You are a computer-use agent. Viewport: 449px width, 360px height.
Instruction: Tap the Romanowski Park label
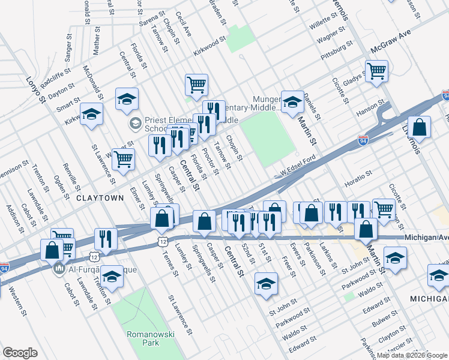coord(142,338)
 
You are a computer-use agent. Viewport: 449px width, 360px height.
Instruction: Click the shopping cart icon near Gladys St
coord(376,71)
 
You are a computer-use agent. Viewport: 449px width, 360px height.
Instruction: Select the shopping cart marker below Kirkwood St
coord(196,85)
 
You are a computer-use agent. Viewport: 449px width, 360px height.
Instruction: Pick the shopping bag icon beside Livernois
coord(420,127)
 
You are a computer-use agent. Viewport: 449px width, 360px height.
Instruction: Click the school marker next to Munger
coord(293,101)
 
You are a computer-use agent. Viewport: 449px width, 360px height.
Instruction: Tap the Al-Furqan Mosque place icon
coord(59,268)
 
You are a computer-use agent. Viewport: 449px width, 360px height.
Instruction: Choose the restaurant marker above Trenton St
coord(106,238)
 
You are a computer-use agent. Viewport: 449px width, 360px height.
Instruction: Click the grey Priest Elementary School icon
coord(135,124)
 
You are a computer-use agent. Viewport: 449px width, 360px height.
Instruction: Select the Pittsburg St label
coord(336,49)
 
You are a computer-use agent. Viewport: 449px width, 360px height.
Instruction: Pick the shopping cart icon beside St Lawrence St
coord(123,160)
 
